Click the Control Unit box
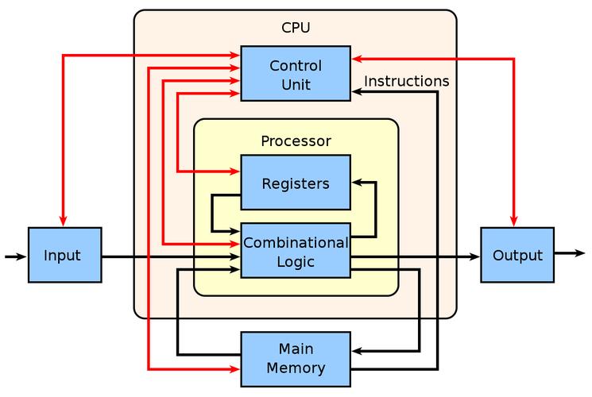click(x=295, y=74)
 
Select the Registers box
click(x=295, y=183)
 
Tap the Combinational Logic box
click(x=295, y=251)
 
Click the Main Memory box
click(x=295, y=359)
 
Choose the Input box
click(x=64, y=256)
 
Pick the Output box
click(x=517, y=256)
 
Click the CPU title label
click(x=295, y=28)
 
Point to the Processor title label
click(x=295, y=141)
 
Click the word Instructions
click(x=406, y=81)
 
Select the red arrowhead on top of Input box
click(x=63, y=222)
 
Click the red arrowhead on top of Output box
click(x=513, y=222)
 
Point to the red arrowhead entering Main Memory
click(x=235, y=369)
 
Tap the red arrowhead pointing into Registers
click(x=235, y=171)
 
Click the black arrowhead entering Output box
click(x=475, y=256)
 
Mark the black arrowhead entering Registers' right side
click(x=356, y=182)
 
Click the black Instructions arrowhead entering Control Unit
click(x=356, y=92)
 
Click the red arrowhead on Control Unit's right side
click(x=356, y=58)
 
